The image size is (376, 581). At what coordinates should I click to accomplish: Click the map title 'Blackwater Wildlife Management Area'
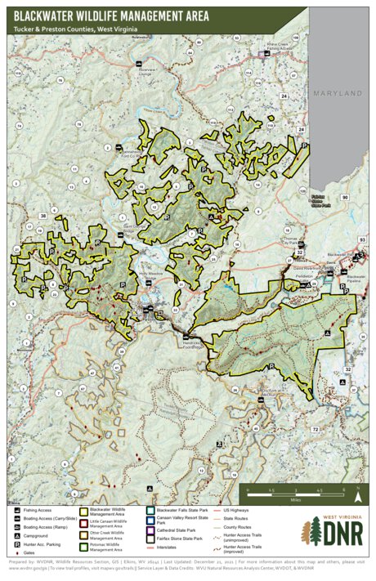pyautogui.click(x=110, y=15)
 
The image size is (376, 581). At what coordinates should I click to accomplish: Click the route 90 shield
pyautogui.click(x=345, y=198)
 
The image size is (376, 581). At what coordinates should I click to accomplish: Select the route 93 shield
pyautogui.click(x=362, y=239)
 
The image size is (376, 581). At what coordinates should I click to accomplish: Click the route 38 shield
pyautogui.click(x=43, y=217)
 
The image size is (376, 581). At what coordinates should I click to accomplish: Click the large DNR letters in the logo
pyautogui.click(x=342, y=534)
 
